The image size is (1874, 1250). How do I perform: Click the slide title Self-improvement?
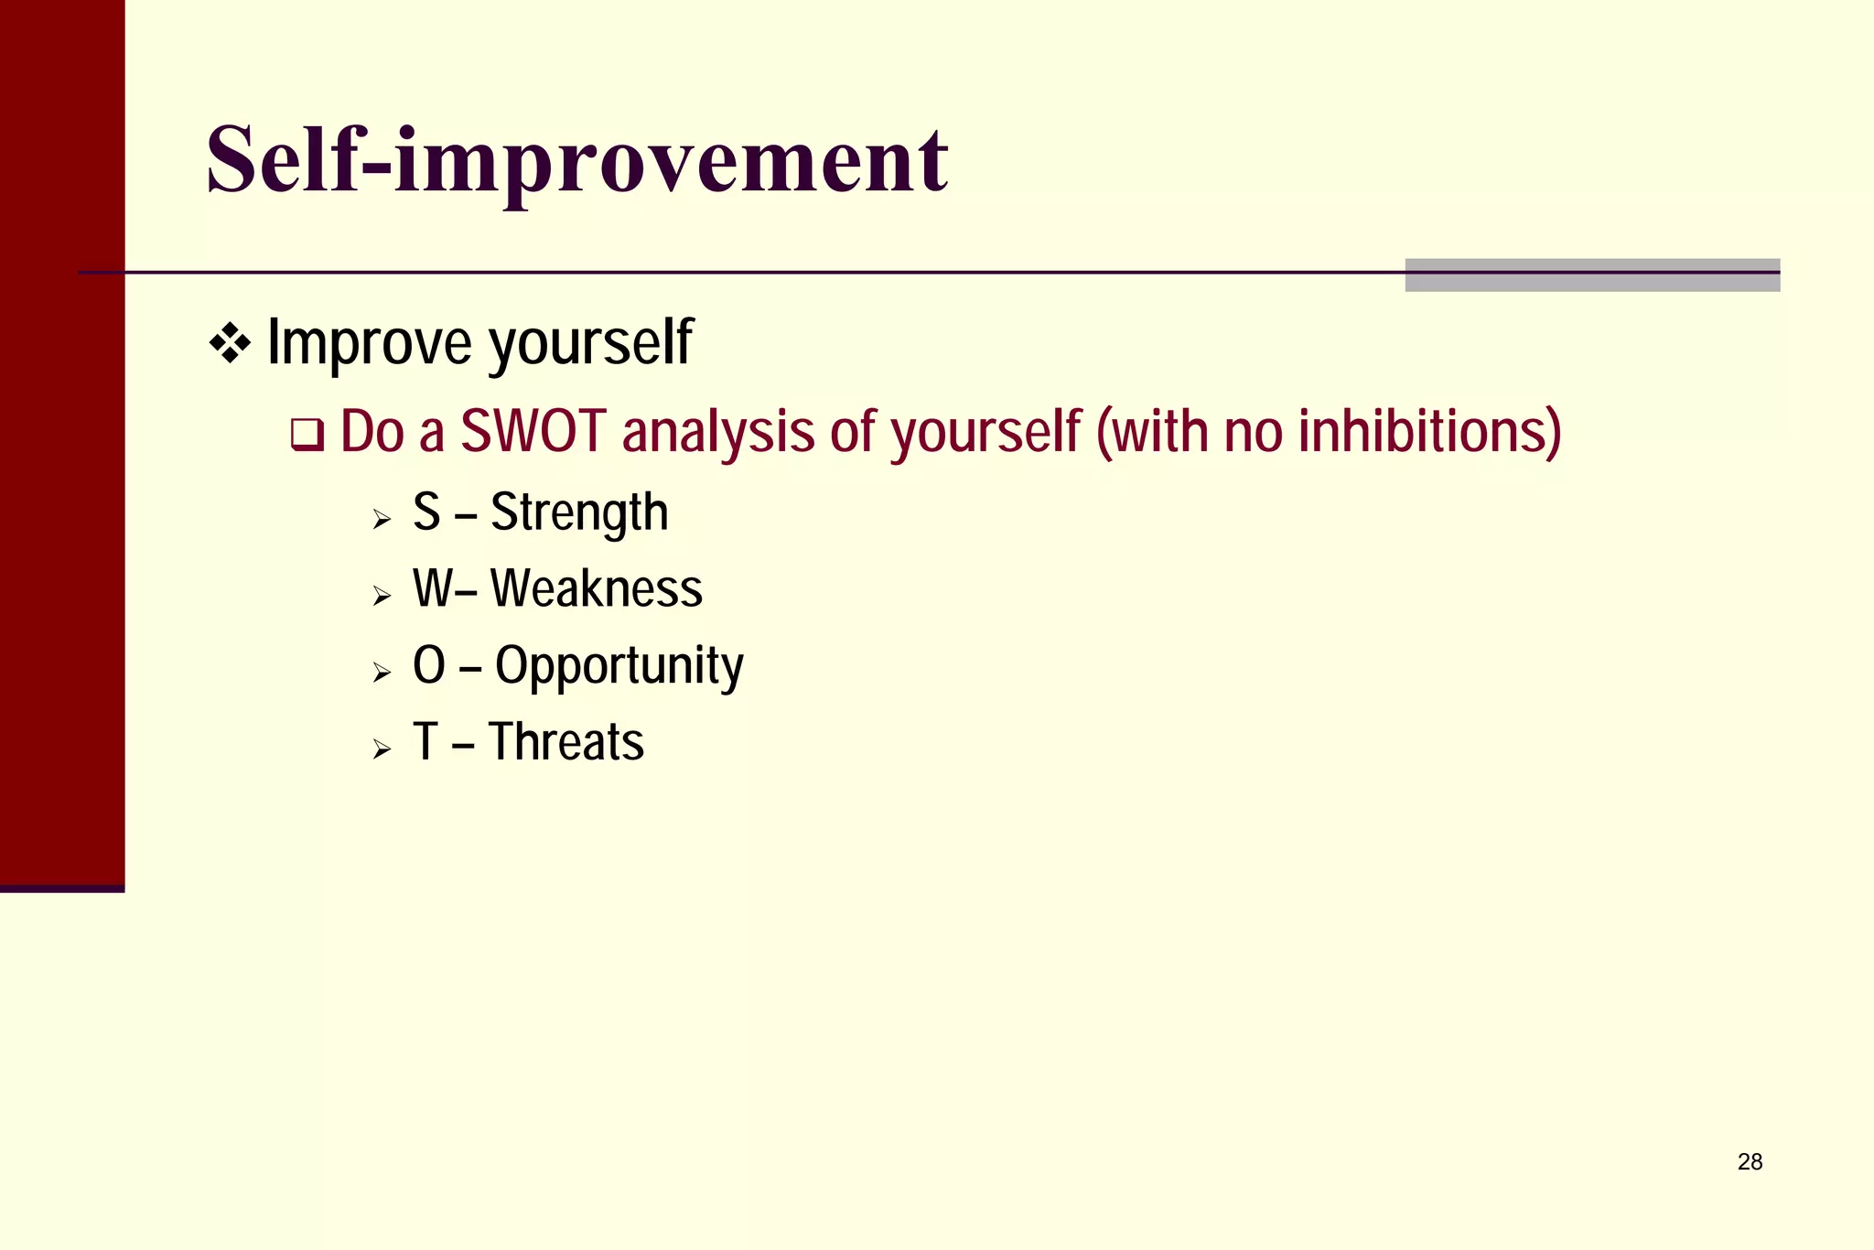576,160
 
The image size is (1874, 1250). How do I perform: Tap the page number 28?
1750,1161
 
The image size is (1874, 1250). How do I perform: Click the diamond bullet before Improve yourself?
230,344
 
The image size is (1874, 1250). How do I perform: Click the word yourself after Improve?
590,344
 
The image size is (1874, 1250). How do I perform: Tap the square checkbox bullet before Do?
307,435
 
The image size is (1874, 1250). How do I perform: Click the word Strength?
579,512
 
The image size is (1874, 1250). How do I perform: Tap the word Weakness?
597,588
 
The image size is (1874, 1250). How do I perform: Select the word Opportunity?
619,666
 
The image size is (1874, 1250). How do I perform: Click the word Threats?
566,741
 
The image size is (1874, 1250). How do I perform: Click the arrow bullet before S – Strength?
382,521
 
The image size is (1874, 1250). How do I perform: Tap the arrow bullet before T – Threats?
382,750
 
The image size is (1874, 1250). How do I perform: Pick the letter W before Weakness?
432,588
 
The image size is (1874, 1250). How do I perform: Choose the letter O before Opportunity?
428,665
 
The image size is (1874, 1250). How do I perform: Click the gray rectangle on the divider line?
1592,275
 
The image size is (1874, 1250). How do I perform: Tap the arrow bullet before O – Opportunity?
382,673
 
